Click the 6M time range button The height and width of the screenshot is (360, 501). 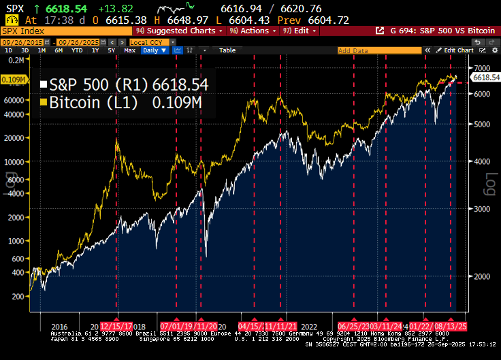[59, 50]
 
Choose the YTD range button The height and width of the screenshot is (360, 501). [77, 50]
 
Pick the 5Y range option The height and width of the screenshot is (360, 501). [111, 50]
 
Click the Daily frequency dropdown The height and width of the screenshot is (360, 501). [154, 50]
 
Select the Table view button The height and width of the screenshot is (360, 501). [227, 50]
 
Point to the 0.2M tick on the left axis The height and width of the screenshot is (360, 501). [13, 60]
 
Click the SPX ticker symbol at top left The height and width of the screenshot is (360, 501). [12, 8]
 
